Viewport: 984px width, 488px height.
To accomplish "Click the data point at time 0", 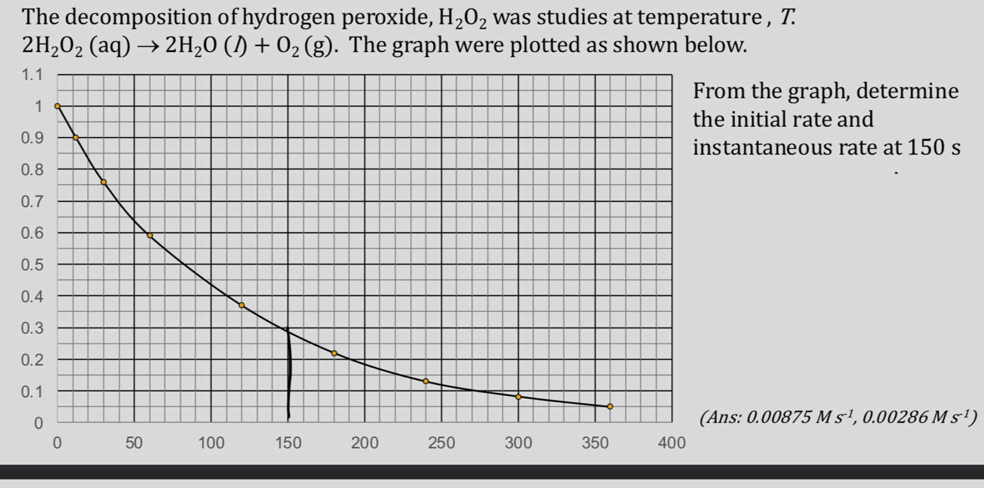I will (x=57, y=106).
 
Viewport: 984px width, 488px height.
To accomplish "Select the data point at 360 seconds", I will (x=610, y=406).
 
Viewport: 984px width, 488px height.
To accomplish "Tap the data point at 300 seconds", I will (x=518, y=397).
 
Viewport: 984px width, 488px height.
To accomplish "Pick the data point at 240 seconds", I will (x=426, y=381).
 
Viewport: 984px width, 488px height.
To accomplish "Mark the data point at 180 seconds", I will (x=334, y=353).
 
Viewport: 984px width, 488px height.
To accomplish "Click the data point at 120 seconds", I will (x=242, y=305).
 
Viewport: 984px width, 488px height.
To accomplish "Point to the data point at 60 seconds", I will (x=149, y=235).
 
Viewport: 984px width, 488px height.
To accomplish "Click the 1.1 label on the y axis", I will (x=32, y=75).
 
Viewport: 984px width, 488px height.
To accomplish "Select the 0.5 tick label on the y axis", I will (x=32, y=264).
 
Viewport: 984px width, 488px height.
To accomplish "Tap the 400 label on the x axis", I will (x=672, y=443).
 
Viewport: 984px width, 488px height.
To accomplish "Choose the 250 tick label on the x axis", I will (x=441, y=443).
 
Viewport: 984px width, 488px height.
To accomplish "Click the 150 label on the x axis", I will (x=288, y=443).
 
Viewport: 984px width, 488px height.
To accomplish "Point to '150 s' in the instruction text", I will (x=933, y=148).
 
